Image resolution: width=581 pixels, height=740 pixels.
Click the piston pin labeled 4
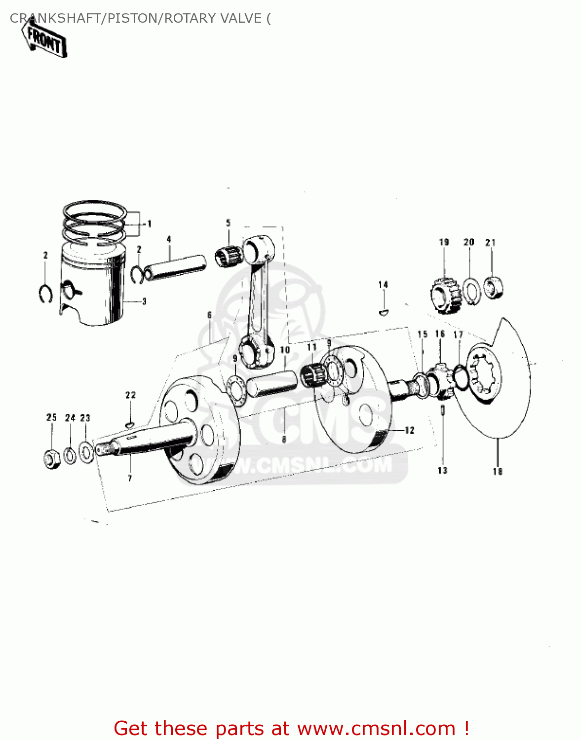175,265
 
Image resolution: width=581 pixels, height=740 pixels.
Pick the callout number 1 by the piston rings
149,224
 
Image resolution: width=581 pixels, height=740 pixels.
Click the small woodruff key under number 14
384,312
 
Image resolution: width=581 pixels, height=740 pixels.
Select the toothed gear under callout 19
445,295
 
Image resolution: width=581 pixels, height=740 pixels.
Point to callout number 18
497,472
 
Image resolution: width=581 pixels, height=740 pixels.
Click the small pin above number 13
443,410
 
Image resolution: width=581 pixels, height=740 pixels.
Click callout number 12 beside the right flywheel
409,431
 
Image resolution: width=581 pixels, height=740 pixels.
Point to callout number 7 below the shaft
130,478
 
